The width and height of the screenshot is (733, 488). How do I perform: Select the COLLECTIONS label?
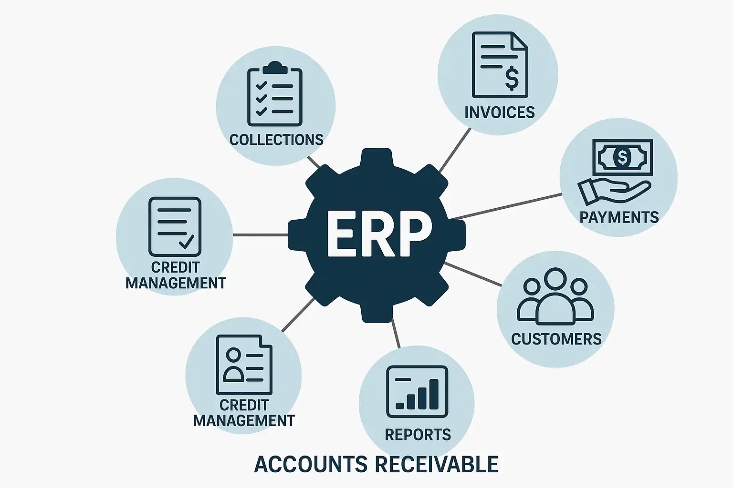276,140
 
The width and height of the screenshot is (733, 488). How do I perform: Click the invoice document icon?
500,65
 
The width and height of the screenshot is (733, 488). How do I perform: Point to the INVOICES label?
499,112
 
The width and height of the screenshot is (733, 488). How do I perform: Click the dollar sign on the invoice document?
512,78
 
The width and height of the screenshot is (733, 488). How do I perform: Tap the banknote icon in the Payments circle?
622,157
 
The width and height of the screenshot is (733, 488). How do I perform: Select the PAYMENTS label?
619,217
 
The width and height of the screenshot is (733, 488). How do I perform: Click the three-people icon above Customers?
555,296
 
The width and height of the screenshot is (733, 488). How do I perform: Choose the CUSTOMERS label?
556,339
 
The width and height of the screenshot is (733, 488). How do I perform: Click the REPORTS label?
418,435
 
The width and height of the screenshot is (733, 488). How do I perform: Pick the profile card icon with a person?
244,365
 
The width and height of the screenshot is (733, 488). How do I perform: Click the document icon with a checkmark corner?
175,226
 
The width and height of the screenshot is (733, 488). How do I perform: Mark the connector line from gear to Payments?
506,206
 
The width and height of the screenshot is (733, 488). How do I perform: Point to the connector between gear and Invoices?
454,151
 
